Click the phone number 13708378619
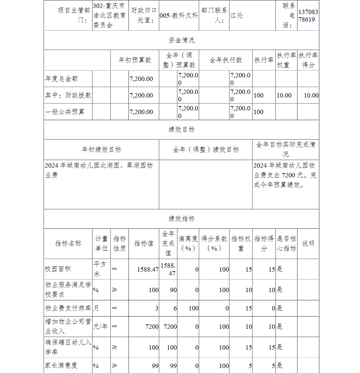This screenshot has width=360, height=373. click(308, 15)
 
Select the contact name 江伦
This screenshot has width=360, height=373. click(237, 15)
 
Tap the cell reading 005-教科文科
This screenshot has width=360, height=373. click(179, 16)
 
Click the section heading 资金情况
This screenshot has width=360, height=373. click(181, 40)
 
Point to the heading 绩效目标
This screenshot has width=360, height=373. click(181, 129)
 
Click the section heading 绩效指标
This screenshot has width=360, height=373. click(181, 219)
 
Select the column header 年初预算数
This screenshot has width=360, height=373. click(135, 60)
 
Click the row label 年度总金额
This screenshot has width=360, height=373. click(62, 78)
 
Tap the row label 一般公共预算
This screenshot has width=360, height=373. click(65, 112)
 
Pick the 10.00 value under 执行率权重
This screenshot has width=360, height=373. click(284, 95)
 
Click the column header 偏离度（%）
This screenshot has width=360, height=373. click(188, 244)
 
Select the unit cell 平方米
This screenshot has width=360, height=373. click(101, 269)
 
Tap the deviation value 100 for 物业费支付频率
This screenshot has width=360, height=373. click(193, 308)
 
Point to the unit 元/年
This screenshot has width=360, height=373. click(100, 327)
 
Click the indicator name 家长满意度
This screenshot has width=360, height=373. click(61, 365)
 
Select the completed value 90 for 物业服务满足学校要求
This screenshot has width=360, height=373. click(173, 290)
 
